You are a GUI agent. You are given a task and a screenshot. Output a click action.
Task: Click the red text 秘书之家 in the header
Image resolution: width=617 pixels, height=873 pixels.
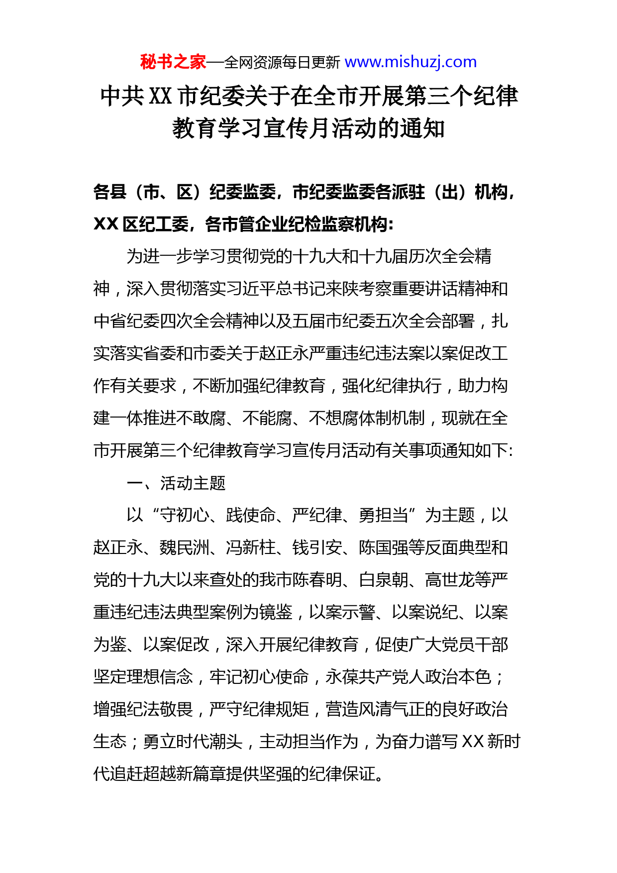[x=173, y=62]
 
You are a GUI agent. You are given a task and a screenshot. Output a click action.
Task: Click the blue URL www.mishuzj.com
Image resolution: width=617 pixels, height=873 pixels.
[x=411, y=62]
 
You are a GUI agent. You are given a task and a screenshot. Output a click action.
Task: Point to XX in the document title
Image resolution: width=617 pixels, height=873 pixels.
[x=160, y=96]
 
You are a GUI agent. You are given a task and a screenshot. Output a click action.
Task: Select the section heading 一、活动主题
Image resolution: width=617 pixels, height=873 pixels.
[x=176, y=483]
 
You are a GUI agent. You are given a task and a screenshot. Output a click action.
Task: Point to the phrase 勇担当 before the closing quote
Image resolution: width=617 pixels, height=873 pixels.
[x=383, y=515]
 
